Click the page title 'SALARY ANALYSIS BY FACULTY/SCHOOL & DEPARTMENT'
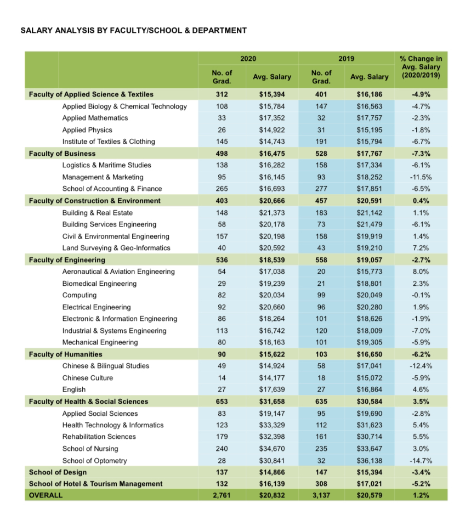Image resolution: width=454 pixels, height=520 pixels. [x=134, y=31]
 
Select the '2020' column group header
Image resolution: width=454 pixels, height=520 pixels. [x=248, y=59]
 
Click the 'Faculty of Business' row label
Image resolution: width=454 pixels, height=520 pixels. [x=62, y=154]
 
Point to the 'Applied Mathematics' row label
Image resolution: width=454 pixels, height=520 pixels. [x=95, y=118]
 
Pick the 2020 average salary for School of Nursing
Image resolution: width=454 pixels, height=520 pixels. [x=272, y=449]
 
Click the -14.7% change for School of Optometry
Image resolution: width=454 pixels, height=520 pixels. [x=421, y=461]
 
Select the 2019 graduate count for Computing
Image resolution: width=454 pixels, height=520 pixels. [x=321, y=295]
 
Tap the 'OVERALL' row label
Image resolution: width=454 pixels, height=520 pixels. [x=46, y=495]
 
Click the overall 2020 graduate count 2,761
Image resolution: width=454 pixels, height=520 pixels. [x=222, y=495]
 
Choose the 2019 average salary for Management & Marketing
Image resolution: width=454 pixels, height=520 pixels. [x=370, y=177]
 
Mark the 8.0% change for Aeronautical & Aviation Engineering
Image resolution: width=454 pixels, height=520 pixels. [x=421, y=272]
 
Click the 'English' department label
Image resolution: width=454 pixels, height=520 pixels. [x=74, y=389]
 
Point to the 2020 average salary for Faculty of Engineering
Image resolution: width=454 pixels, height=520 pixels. [x=272, y=260]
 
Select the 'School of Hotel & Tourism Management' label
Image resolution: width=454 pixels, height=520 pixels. [x=96, y=484]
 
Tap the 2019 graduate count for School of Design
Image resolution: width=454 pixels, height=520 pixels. [x=321, y=472]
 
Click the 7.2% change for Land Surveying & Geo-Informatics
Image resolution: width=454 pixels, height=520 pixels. [x=421, y=248]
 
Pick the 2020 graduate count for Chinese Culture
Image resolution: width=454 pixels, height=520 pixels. [x=222, y=378]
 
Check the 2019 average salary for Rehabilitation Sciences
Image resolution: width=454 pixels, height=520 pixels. [x=370, y=437]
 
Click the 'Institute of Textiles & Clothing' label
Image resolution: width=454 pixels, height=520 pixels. [x=109, y=142]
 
